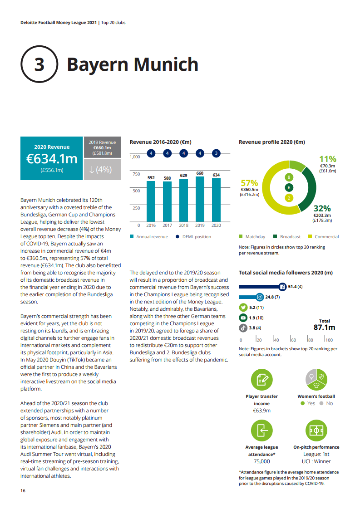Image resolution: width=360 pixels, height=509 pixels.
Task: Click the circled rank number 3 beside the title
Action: point(39,64)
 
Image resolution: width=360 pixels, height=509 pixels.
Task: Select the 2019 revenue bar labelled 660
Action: point(200,199)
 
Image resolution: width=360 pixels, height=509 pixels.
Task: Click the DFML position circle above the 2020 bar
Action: point(216,153)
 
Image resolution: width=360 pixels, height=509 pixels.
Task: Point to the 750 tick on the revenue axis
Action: point(136,174)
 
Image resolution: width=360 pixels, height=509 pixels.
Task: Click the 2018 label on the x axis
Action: point(183,225)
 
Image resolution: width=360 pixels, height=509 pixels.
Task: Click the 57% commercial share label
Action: point(249,183)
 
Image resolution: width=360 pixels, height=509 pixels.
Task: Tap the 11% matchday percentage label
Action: point(327,159)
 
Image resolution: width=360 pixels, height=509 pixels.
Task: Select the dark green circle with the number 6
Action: point(288,187)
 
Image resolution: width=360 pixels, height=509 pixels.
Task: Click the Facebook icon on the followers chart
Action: point(281,287)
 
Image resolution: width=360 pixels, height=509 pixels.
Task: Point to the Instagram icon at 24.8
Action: point(260,297)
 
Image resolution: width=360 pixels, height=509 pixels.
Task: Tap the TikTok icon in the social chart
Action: point(243,328)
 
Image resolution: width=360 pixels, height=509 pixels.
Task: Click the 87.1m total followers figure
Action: point(324,328)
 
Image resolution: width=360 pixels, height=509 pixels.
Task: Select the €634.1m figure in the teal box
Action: point(51,159)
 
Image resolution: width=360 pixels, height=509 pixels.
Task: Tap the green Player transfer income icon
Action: point(261,380)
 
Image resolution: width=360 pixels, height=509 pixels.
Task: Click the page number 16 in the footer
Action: point(23,491)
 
